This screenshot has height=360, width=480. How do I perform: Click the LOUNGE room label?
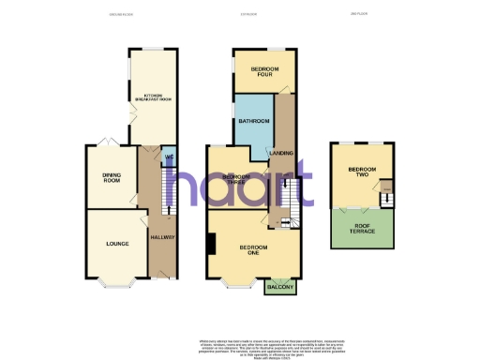(x=117, y=245)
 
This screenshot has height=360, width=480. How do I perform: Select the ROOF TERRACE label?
(x=361, y=225)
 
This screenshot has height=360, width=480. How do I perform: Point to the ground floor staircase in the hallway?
(x=170, y=192)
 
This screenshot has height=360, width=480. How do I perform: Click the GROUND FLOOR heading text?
(x=119, y=14)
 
